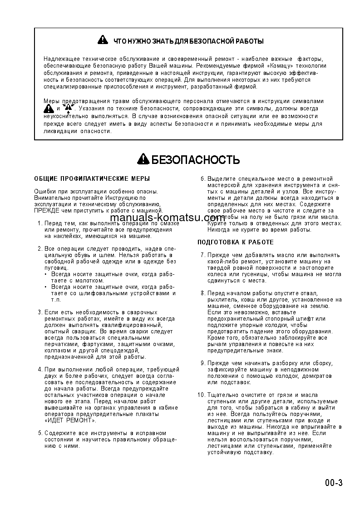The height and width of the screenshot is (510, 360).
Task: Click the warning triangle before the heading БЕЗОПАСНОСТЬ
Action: [143, 159]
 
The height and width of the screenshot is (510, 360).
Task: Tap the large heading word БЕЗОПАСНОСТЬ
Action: [195, 160]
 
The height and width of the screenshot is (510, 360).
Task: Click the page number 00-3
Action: [334, 482]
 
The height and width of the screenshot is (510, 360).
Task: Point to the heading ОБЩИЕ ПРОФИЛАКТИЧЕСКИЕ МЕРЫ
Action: [92, 179]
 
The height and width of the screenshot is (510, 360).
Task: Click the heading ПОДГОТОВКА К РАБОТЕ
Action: [236, 242]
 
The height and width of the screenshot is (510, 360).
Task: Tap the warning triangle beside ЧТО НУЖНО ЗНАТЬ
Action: [103, 40]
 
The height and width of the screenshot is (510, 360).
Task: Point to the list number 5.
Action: [40, 433]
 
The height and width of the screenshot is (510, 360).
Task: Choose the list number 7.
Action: [203, 255]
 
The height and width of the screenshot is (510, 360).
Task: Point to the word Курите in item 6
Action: [217, 223]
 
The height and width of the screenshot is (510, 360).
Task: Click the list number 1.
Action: [40, 223]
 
